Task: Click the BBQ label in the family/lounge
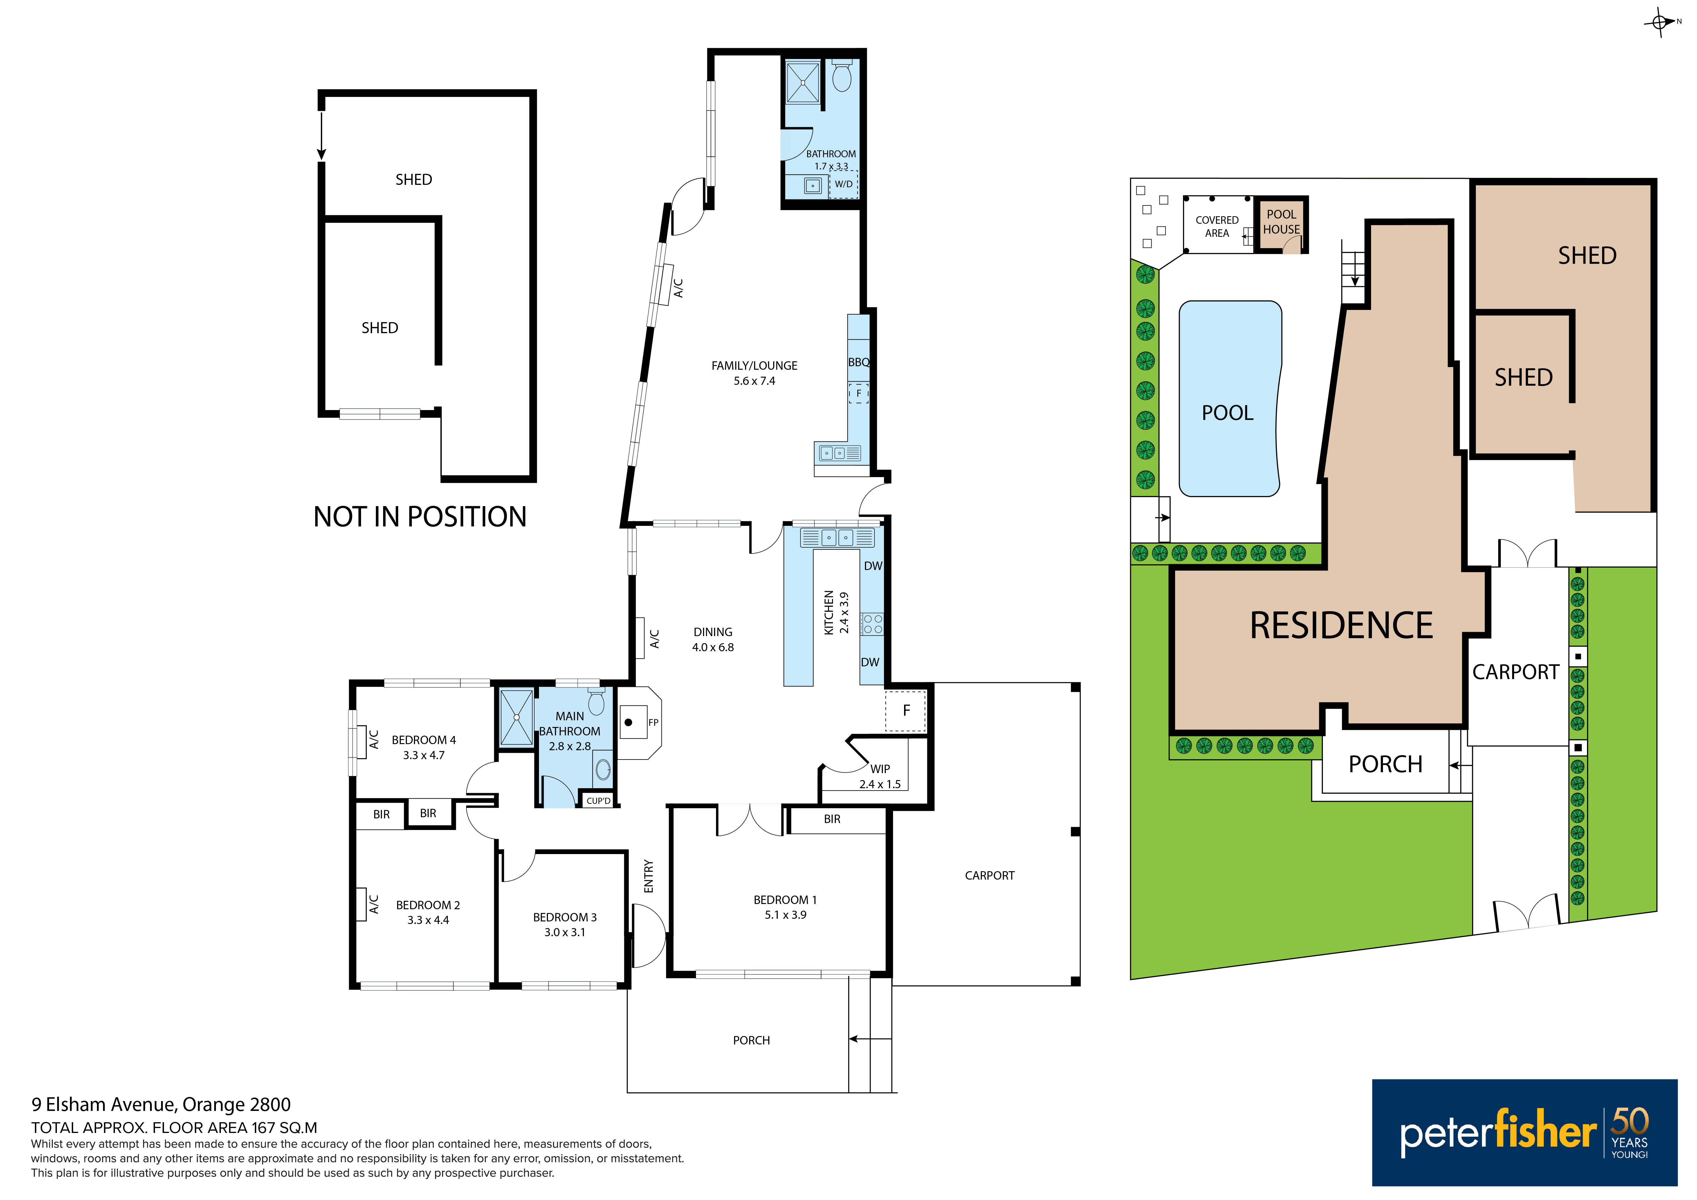[x=859, y=362]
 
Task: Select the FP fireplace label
[x=653, y=723]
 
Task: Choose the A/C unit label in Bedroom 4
[x=374, y=740]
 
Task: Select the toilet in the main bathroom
[x=596, y=701]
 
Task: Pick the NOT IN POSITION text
[x=420, y=517]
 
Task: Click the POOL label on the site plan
[x=1228, y=412]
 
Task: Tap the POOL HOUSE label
[x=1282, y=222]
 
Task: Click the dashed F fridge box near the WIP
[x=906, y=711]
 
